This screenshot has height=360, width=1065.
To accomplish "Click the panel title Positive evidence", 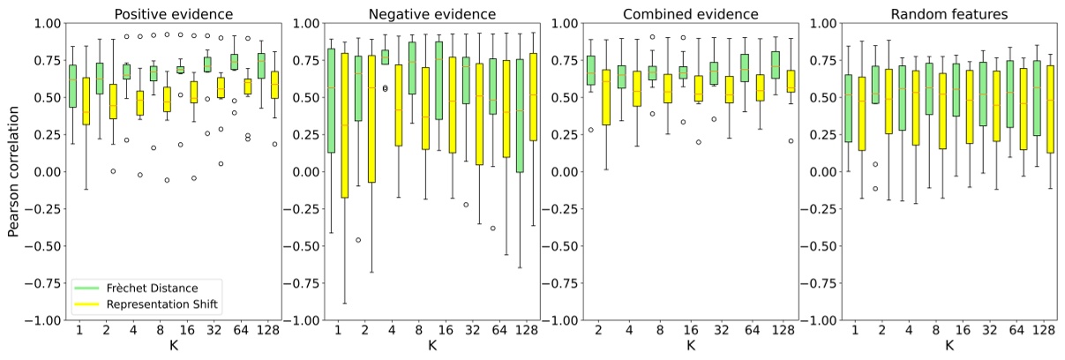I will tap(174, 13).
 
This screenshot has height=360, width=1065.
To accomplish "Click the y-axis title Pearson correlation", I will tap(14, 173).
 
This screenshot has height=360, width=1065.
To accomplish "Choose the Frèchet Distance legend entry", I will tap(146, 287).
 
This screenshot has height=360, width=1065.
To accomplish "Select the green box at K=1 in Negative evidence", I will tap(331, 101).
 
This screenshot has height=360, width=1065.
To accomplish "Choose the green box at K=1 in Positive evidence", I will tap(72, 86).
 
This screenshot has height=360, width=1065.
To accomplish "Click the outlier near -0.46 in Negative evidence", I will tap(358, 240).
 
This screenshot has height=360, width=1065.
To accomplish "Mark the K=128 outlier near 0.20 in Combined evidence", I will tap(791, 140).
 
